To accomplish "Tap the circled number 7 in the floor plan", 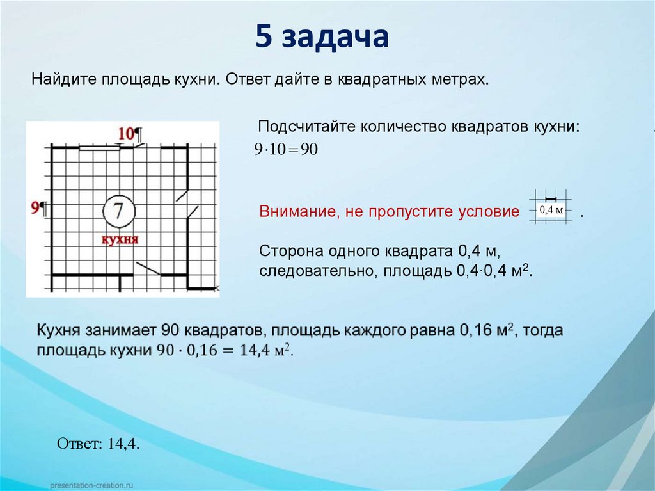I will [118, 211].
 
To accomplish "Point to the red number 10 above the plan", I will [125, 133].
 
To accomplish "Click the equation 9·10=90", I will [286, 150].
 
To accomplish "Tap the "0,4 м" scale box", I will [551, 210].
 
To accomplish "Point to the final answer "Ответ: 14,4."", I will [98, 444].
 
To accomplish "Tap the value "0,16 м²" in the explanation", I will [487, 332].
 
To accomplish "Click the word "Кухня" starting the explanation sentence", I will [60, 332].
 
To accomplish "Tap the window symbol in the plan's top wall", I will [99, 147].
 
